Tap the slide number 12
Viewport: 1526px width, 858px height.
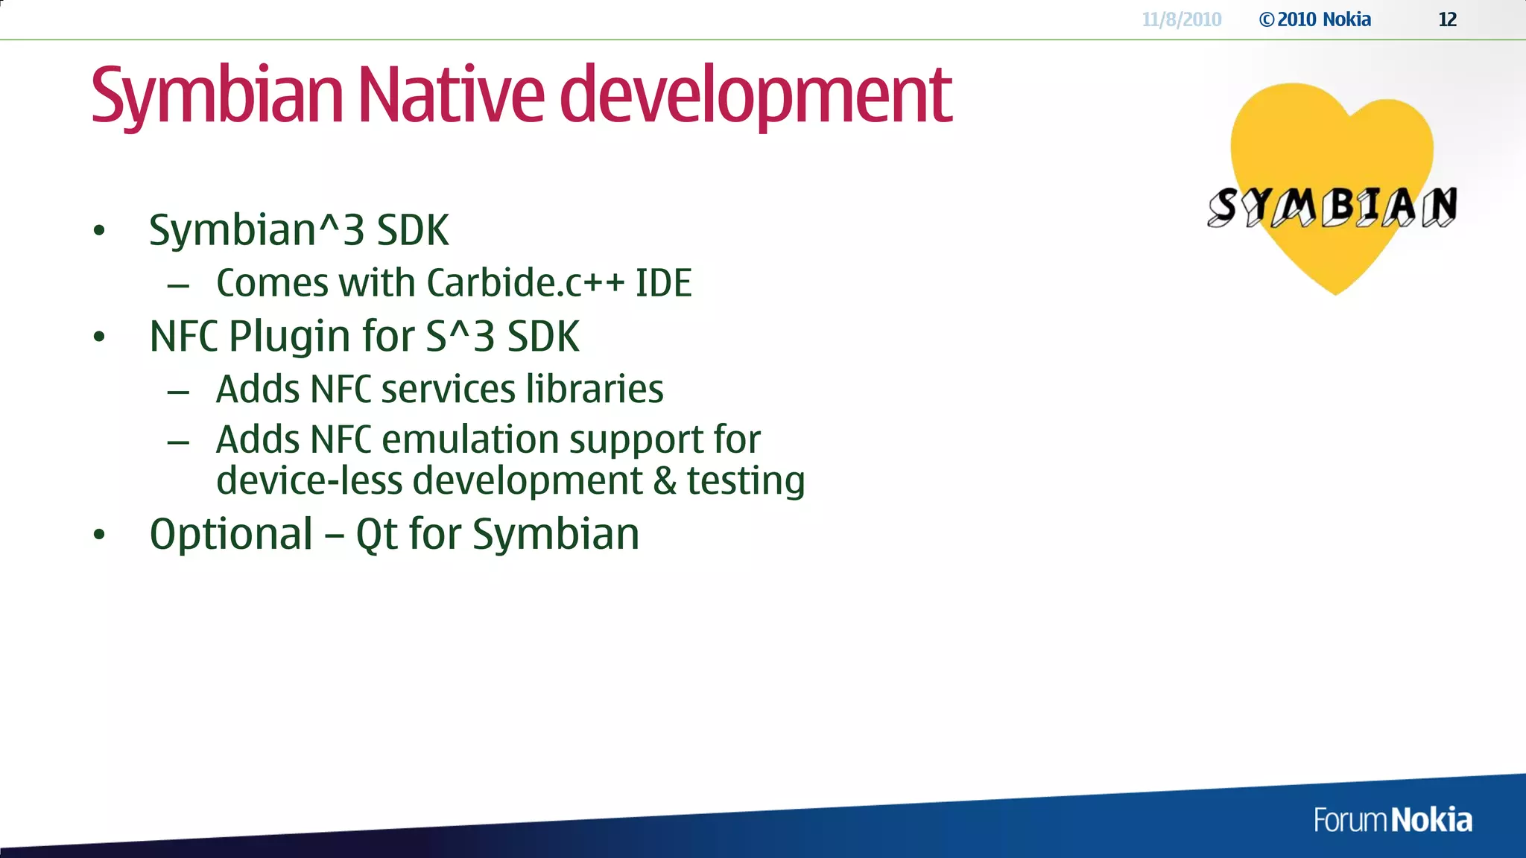[x=1447, y=19]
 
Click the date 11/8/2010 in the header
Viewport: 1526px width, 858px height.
[x=1182, y=19]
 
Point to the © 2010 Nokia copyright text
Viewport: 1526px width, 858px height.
[x=1315, y=19]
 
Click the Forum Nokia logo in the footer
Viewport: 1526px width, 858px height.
[x=1393, y=820]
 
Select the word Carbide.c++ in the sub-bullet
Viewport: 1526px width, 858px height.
[x=525, y=283]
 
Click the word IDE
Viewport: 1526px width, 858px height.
[x=663, y=283]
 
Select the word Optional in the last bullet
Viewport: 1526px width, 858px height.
[x=231, y=534]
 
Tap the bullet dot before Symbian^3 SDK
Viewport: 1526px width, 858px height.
[x=99, y=231]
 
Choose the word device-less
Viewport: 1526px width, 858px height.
[x=309, y=480]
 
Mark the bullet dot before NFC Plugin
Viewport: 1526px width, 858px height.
[x=99, y=337]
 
